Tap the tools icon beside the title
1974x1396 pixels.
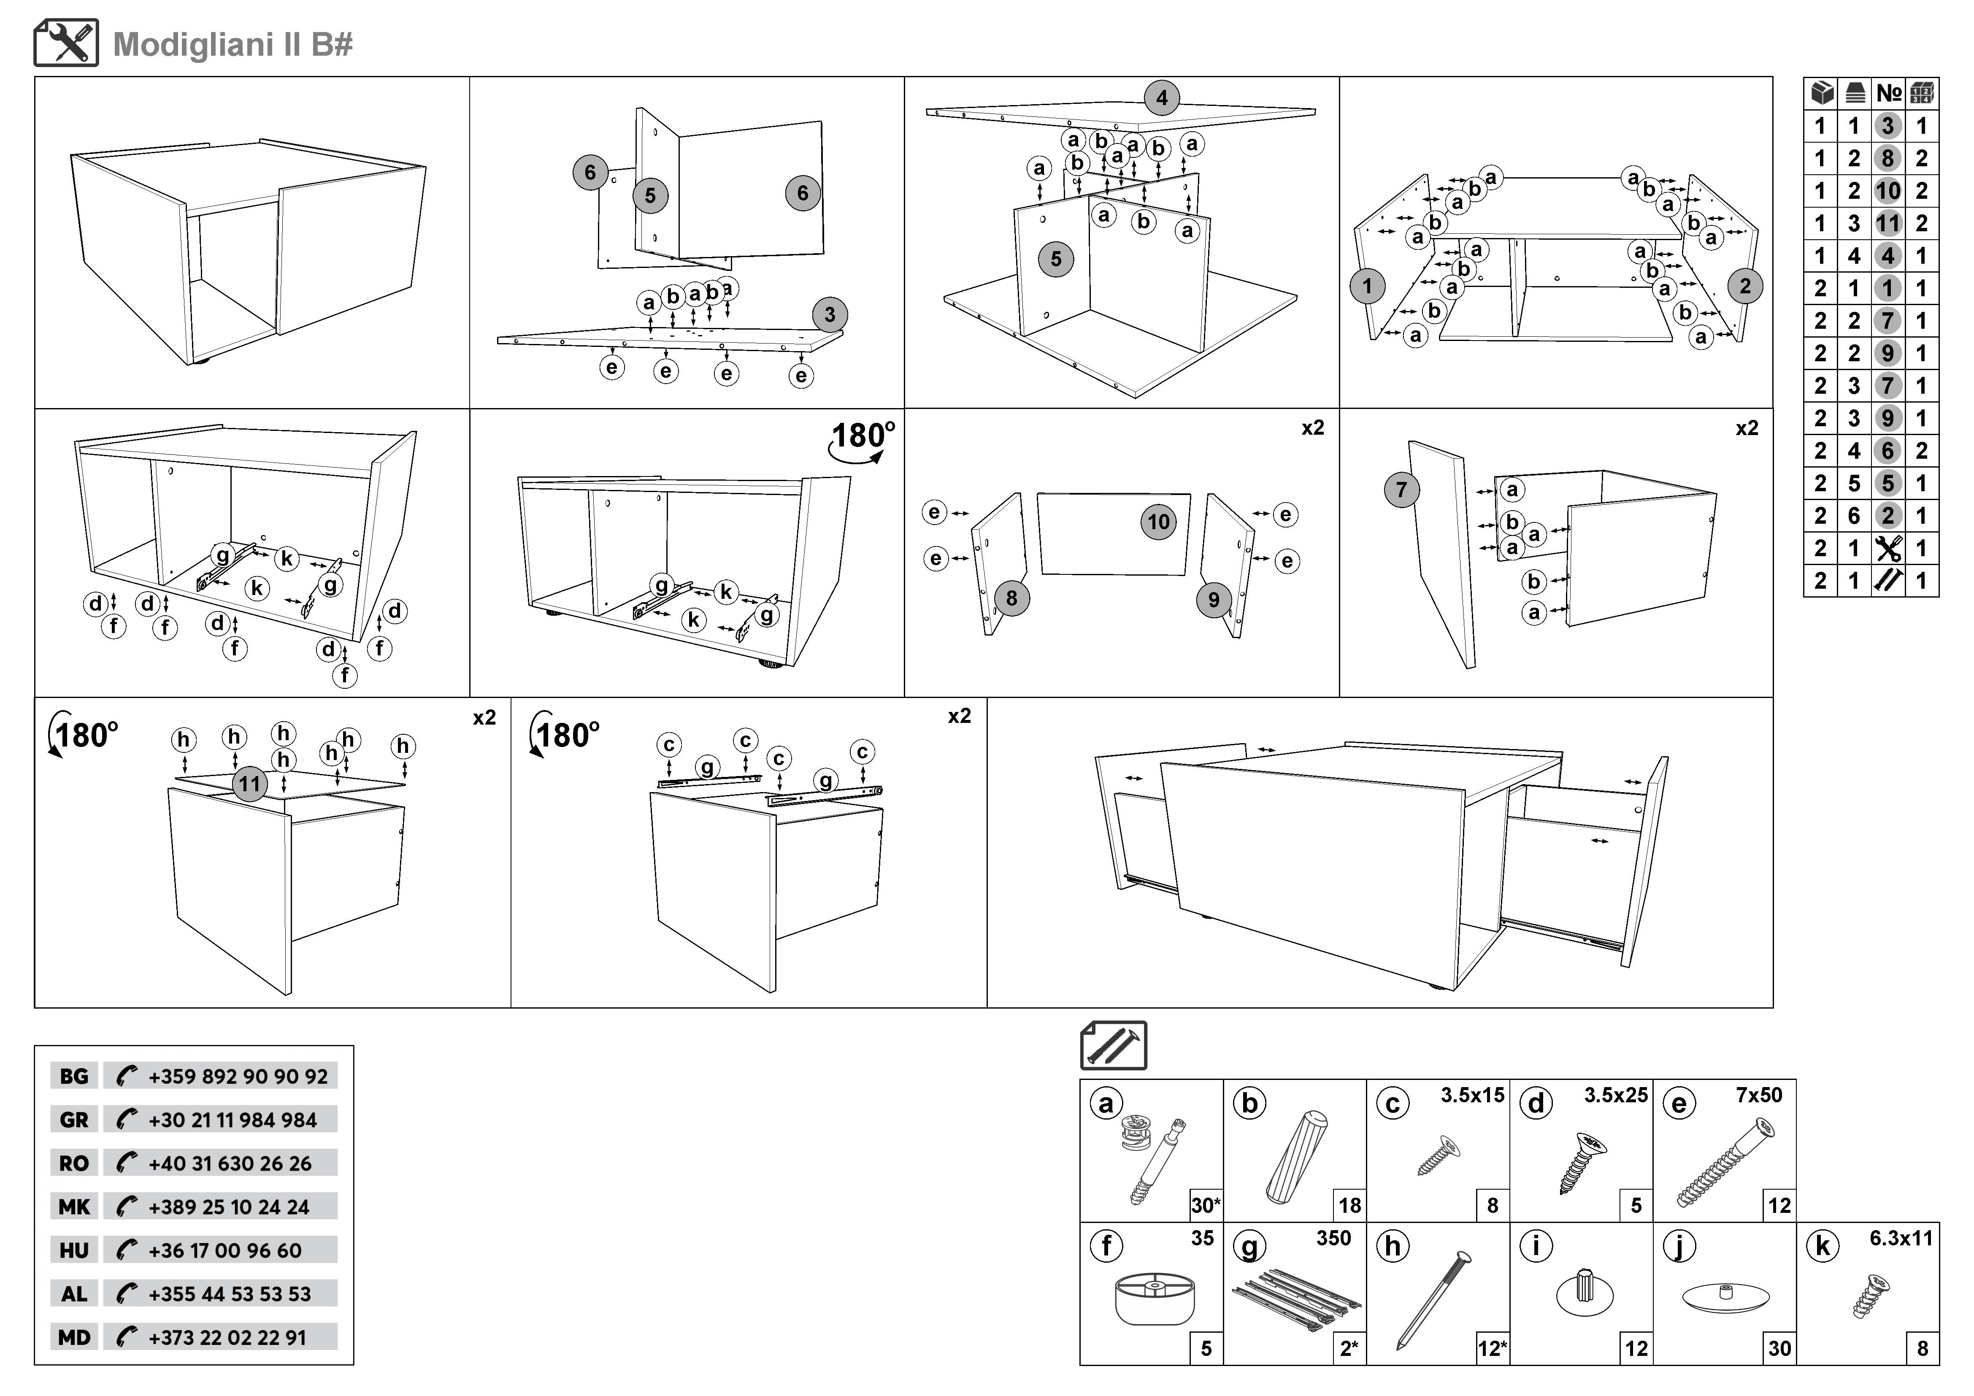point(66,43)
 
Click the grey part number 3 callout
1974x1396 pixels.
point(829,315)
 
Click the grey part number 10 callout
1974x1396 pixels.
point(1158,522)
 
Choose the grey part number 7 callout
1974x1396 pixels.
point(1401,490)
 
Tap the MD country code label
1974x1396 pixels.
point(74,1337)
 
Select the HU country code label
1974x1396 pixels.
point(74,1251)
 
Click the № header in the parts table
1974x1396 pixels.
point(1888,93)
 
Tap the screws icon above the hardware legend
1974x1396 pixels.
point(1114,1045)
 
